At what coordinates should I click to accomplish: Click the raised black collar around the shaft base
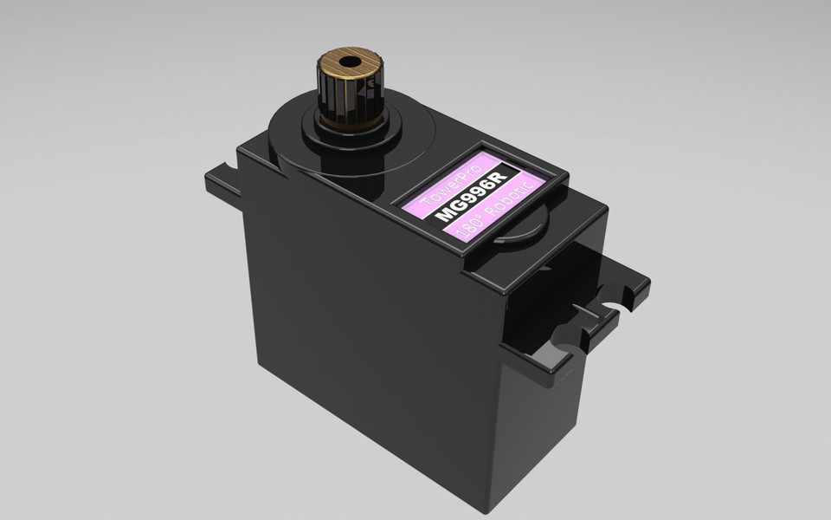point(350,131)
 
